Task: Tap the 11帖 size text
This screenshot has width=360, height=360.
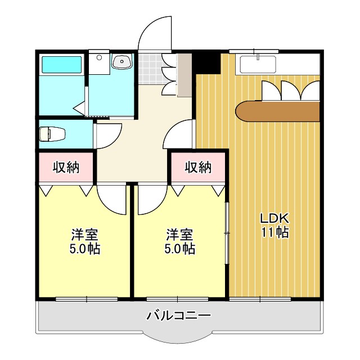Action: [274, 232]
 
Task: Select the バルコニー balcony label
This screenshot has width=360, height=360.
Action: [178, 316]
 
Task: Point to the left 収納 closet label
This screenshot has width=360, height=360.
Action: [66, 167]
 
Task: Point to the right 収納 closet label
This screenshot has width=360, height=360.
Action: [199, 167]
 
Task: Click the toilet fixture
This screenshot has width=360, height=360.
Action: [52, 134]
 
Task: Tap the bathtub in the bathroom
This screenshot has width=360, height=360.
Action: [61, 65]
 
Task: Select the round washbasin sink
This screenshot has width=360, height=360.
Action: [121, 62]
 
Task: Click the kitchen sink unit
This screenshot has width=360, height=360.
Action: [258, 64]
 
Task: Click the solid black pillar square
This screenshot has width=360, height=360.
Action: [206, 62]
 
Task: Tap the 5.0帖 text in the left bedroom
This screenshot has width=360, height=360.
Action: [85, 248]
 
